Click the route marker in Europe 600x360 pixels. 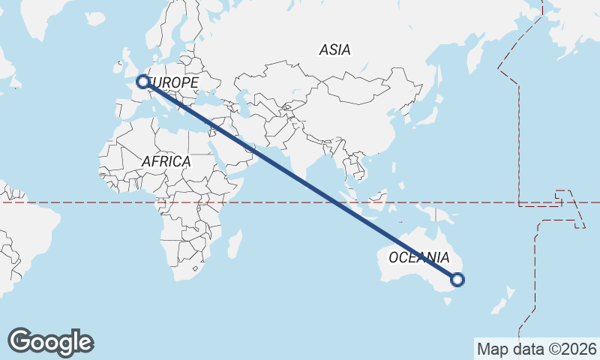coord(142,81)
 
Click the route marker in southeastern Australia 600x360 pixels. coord(457,280)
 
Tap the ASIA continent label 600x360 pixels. coord(334,50)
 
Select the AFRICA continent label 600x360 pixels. coord(166,161)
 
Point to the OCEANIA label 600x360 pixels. coord(418,257)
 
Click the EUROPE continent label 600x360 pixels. coord(175,82)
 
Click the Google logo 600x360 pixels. coord(50,342)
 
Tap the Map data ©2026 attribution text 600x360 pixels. coord(536,349)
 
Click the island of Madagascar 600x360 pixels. coord(235,244)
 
